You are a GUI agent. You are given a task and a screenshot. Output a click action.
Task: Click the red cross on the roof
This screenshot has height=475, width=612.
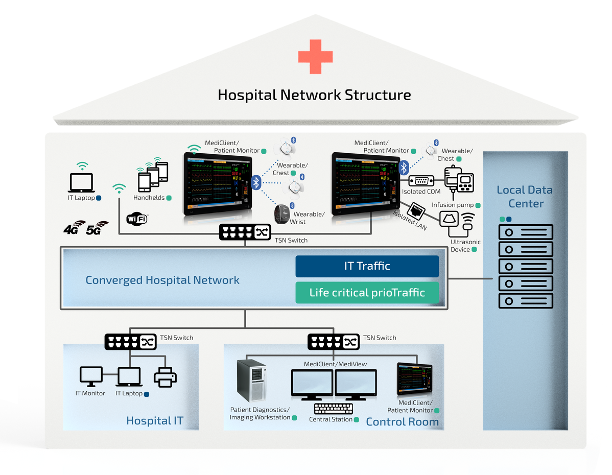pyautogui.click(x=315, y=56)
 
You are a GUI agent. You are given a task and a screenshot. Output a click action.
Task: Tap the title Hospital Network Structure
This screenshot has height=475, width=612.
pyautogui.click(x=314, y=95)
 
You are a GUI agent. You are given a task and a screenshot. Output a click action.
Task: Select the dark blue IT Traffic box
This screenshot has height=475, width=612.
pyautogui.click(x=367, y=266)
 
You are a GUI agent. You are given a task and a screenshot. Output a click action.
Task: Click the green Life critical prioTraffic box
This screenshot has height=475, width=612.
pyautogui.click(x=367, y=293)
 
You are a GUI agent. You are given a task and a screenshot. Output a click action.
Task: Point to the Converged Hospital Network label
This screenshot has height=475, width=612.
pyautogui.click(x=162, y=280)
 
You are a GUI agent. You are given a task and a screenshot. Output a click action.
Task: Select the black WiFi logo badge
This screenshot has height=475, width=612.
pyautogui.click(x=137, y=220)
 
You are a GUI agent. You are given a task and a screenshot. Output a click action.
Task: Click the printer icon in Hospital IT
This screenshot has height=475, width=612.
pyautogui.click(x=165, y=377)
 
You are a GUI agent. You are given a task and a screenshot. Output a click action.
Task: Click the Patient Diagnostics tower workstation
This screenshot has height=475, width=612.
pyautogui.click(x=251, y=381)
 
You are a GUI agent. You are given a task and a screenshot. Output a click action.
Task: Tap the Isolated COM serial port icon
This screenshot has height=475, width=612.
pyautogui.click(x=421, y=181)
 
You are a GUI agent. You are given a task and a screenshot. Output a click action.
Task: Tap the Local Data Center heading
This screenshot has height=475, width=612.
pyautogui.click(x=525, y=197)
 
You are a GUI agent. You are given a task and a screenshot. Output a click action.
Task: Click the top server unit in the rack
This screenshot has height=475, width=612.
pyautogui.click(x=526, y=232)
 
